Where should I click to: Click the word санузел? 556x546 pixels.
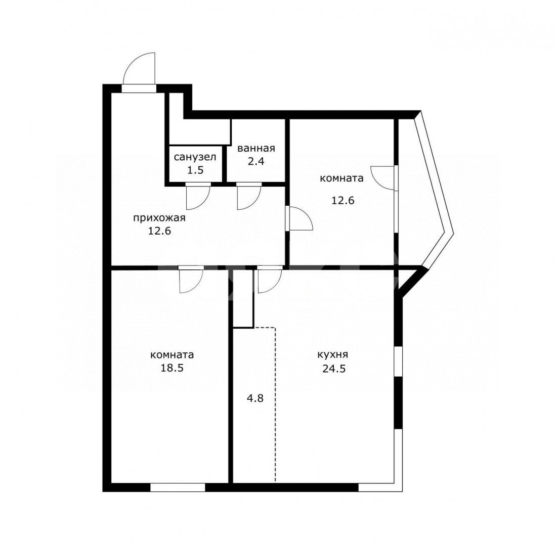point(195,157)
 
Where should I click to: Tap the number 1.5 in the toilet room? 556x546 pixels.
point(195,170)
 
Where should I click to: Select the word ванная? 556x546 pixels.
point(256,148)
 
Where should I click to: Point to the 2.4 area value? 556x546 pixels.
point(256,161)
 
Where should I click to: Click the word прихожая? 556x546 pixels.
point(159,217)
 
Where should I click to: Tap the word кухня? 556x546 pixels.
point(332,355)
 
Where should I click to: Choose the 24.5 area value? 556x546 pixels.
point(334,369)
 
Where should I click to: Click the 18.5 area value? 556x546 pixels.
point(172,368)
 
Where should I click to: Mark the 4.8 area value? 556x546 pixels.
point(255,398)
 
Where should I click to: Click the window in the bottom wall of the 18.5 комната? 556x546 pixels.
point(178,487)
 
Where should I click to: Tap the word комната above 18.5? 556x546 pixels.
point(172,355)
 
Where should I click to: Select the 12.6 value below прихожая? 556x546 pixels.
point(159,231)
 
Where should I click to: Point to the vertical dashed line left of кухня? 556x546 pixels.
point(276,405)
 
